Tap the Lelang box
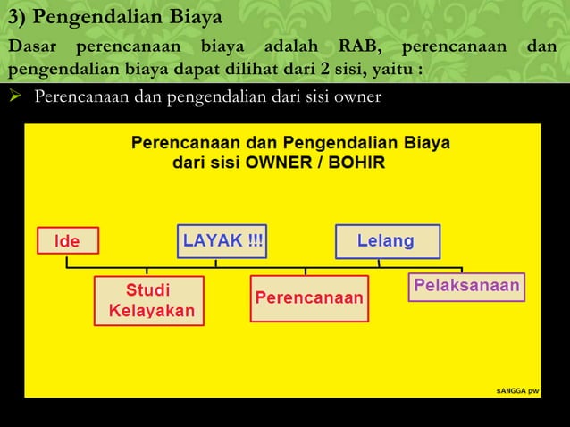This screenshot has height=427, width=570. pyautogui.click(x=385, y=241)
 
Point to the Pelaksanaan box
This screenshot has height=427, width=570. pyautogui.click(x=465, y=286)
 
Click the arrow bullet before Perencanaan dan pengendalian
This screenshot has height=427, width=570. pyautogui.click(x=13, y=96)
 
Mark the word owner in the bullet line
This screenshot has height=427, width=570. pyautogui.click(x=357, y=96)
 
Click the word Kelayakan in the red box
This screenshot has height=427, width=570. pyautogui.click(x=151, y=312)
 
